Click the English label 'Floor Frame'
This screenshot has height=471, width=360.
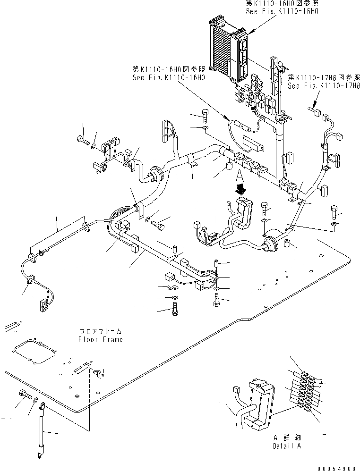[100, 339]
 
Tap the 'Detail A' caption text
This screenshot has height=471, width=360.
[286, 446]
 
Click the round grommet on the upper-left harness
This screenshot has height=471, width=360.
[154, 174]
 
